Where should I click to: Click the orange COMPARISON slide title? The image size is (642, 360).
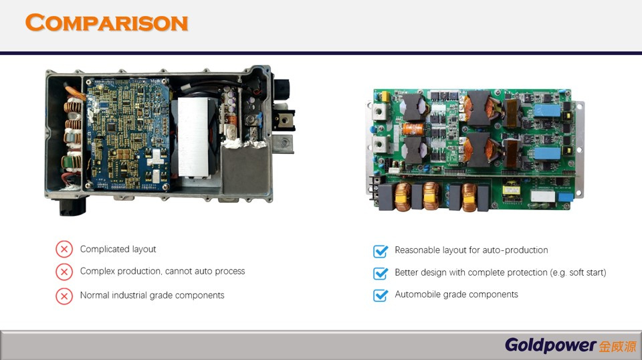(x=106, y=23)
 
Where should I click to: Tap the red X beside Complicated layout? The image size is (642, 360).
(x=64, y=249)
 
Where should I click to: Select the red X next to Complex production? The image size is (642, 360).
(x=64, y=272)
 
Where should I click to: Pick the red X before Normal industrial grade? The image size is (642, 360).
(x=64, y=296)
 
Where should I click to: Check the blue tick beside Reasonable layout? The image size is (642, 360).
(x=381, y=251)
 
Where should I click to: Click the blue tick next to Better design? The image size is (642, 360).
(x=381, y=273)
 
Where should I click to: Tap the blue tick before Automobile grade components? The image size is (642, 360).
(x=381, y=295)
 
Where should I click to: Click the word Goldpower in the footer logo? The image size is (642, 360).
(x=550, y=345)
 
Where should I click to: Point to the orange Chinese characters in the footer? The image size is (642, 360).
(x=618, y=347)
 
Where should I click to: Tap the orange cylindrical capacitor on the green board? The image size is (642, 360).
(x=413, y=129)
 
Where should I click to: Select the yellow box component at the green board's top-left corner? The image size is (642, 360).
(x=385, y=96)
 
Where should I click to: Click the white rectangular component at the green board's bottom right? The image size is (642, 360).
(x=542, y=196)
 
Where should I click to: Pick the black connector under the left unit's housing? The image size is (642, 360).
(x=73, y=206)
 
